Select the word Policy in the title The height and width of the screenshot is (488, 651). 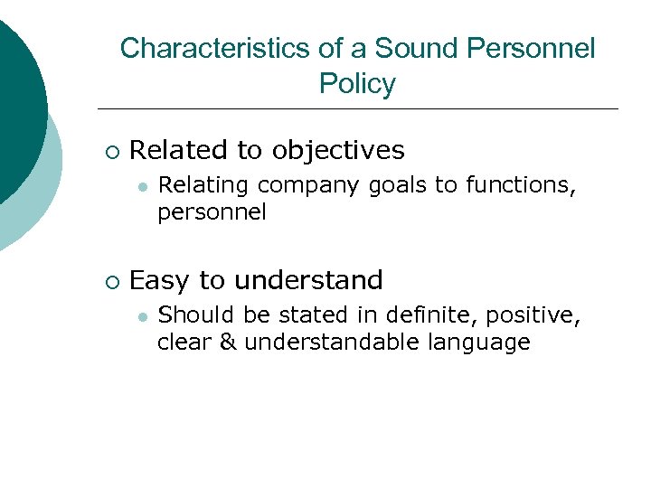coord(357,84)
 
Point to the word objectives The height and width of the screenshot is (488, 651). coord(338,150)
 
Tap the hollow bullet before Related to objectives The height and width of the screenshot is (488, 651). coord(111,151)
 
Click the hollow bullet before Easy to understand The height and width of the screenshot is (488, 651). coord(111,281)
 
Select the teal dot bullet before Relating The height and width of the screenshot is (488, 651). coord(142,185)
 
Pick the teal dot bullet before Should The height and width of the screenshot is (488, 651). coord(142,316)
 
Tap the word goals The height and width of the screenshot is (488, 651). coord(399,185)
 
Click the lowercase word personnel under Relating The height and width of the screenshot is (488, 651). coord(212,213)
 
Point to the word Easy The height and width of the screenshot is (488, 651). coord(159,280)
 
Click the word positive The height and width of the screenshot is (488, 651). coord(532,315)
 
